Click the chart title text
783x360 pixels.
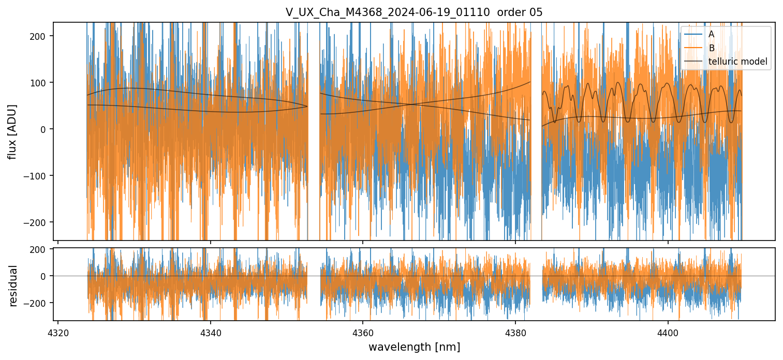click(414, 12)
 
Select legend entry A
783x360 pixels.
click(711, 35)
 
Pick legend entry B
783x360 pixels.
click(711, 49)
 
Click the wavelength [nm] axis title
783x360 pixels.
click(414, 347)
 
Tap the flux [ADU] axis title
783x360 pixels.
click(12, 131)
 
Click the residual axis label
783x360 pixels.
click(13, 286)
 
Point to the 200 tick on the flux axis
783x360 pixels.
click(40, 36)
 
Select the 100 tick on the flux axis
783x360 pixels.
click(40, 82)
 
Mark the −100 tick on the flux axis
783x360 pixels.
click(38, 175)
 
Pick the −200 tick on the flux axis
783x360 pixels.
click(38, 222)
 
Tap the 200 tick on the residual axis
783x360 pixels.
click(40, 249)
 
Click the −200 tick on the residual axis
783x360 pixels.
click(38, 303)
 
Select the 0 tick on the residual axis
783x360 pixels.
click(45, 276)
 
